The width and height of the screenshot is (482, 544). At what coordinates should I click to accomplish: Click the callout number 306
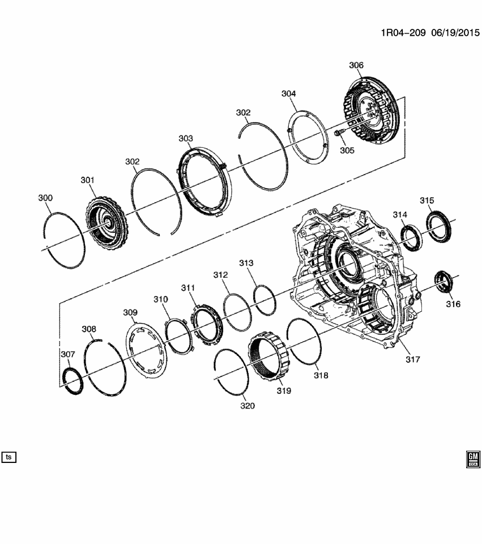coord(356,66)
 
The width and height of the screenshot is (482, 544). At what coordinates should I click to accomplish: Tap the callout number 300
coord(45,198)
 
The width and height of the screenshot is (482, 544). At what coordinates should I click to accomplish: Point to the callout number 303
coord(185,138)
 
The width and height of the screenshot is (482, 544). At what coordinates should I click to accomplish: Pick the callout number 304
coord(288,93)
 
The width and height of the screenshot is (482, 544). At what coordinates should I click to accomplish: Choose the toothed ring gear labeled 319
coord(271,351)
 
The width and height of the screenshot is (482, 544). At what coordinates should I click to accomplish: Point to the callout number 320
coord(247,406)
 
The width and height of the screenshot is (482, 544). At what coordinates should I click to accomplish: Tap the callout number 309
coord(130,312)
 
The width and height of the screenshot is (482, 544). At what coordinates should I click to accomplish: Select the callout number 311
coord(188,288)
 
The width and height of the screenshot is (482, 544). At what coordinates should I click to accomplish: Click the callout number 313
coord(246,263)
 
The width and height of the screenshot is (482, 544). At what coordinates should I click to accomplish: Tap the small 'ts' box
coord(9,457)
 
